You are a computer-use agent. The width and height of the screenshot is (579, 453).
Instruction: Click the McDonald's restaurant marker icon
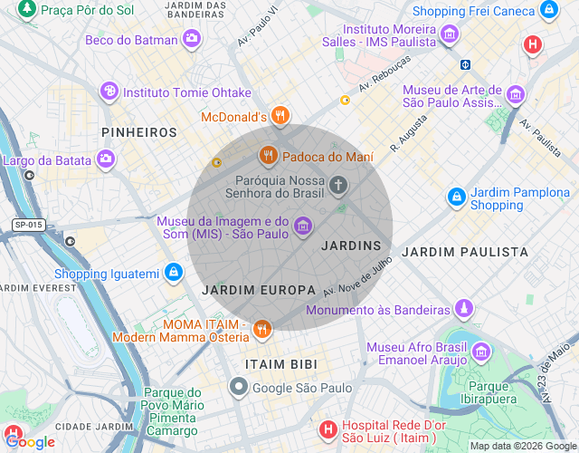click(280, 116)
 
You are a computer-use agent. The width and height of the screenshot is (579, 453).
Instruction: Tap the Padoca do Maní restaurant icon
click(268, 157)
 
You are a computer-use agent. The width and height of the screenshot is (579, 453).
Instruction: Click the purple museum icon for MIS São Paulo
click(303, 225)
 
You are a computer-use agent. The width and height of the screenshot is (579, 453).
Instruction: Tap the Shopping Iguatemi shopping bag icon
click(173, 273)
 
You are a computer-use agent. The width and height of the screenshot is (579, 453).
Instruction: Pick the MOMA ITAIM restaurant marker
click(262, 329)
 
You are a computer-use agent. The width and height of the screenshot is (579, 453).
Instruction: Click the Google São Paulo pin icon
click(239, 388)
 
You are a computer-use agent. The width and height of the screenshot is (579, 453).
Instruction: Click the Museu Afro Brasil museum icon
click(480, 352)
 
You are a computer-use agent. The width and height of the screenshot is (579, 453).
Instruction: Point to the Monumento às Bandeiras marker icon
click(463, 309)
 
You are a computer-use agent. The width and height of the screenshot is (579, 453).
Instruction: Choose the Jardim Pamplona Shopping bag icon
click(457, 198)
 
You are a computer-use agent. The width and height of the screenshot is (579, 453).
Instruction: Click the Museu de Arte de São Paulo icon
click(516, 94)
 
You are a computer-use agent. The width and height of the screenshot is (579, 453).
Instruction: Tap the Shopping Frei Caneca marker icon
click(548, 11)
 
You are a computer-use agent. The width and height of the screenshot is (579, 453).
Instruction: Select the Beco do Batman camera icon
click(192, 38)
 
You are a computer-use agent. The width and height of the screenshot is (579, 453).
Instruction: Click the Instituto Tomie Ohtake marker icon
click(109, 92)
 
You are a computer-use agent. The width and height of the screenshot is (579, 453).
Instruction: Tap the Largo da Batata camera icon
click(106, 159)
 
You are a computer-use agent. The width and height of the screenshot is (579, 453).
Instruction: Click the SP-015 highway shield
click(28, 225)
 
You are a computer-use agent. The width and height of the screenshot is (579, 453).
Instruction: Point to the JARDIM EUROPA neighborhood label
click(259, 290)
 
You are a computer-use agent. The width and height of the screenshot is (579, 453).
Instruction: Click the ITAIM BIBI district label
click(281, 364)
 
